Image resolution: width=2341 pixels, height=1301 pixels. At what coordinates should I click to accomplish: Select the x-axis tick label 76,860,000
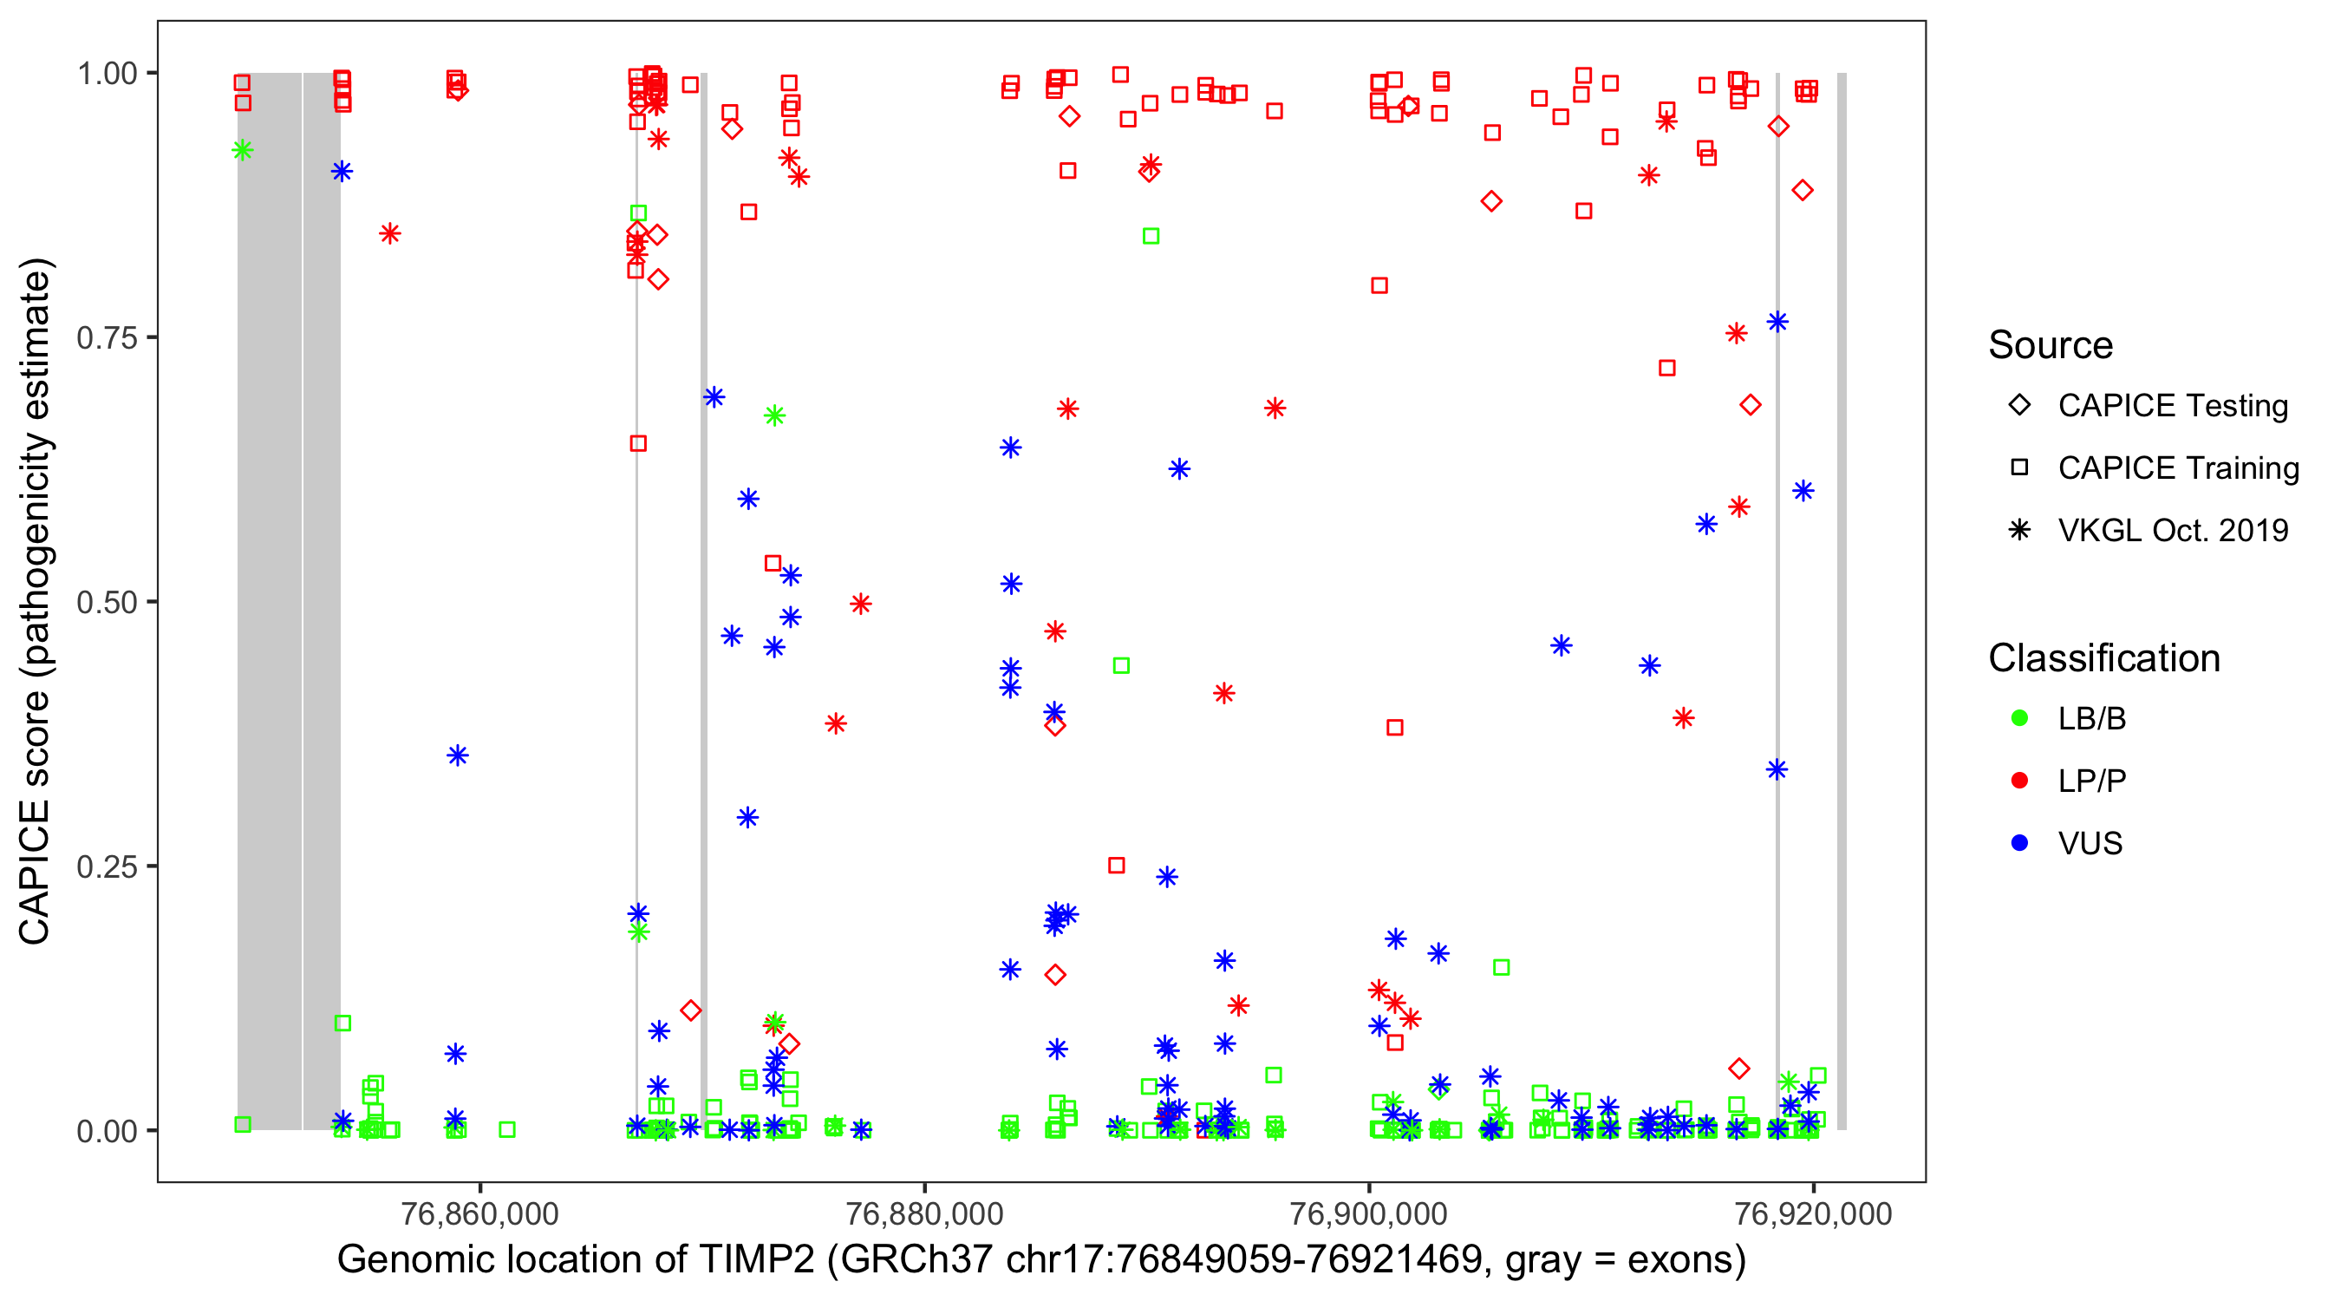[479, 1213]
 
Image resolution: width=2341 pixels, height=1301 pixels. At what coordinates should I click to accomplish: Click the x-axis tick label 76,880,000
[924, 1213]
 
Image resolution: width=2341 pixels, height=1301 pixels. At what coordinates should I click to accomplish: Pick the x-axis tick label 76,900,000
[1368, 1213]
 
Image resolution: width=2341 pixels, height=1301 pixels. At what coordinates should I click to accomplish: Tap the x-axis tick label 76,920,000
[1813, 1213]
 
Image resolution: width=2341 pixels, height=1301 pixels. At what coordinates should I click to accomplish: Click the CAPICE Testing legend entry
[2172, 406]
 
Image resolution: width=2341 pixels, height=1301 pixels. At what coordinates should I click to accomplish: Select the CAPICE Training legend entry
[2177, 468]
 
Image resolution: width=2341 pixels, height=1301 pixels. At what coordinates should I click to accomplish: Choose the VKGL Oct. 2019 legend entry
[2172, 530]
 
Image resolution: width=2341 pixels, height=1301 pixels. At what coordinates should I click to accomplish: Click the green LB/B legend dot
[2019, 718]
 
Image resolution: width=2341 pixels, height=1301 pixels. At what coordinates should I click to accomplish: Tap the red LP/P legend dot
[2019, 781]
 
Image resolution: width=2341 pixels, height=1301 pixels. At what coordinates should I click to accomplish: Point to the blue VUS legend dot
[2019, 843]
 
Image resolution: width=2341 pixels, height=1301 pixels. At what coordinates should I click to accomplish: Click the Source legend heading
[2051, 345]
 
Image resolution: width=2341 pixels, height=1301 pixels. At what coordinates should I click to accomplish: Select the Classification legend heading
[2103, 658]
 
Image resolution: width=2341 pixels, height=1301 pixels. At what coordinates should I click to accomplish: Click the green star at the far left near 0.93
[242, 150]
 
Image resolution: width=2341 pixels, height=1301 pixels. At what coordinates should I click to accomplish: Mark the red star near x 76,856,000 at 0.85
[390, 233]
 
